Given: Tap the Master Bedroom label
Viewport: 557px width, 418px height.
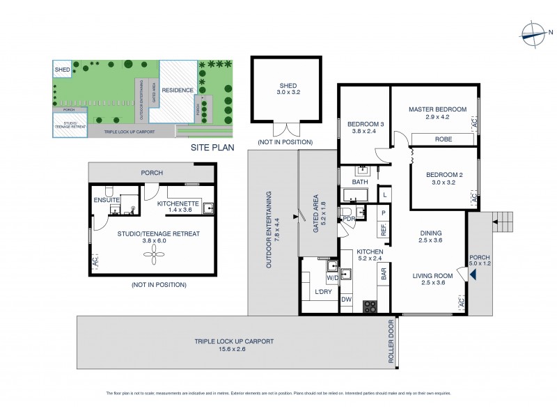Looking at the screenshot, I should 434,109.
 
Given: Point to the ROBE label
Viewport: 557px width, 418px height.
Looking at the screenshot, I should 444,139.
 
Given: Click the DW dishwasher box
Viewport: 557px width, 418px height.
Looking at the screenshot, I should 347,300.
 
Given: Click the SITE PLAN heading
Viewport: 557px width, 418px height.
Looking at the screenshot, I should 212,148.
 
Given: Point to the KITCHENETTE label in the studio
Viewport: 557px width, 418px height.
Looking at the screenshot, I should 179,203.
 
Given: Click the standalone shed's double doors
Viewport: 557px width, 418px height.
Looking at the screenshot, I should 283,130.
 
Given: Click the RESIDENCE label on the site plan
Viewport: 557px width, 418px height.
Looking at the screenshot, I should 177,91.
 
